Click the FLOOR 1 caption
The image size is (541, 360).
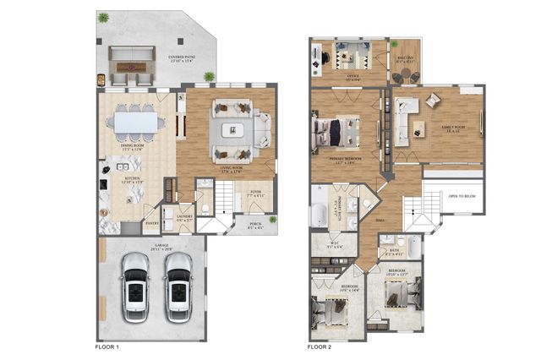click(x=106, y=346)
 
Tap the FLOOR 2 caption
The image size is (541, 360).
click(x=320, y=346)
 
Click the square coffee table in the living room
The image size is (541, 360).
click(x=232, y=129)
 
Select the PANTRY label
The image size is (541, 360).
click(x=152, y=224)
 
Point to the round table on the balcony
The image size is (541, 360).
click(x=404, y=75)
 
